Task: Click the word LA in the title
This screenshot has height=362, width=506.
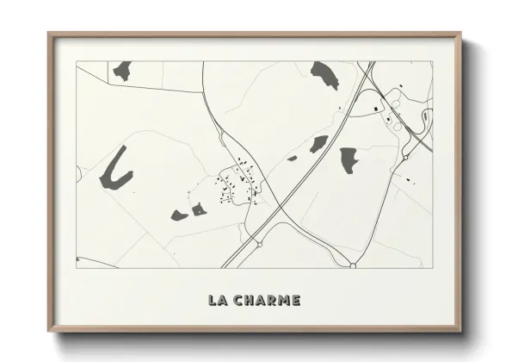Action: [x=217, y=301]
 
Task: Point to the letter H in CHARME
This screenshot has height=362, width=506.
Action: [x=250, y=301]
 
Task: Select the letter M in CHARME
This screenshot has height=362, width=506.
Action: [x=282, y=301]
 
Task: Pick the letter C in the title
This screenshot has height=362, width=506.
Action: [x=237, y=301]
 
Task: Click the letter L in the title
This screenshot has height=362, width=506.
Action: [x=212, y=301]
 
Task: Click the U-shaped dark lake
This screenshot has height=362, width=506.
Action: [x=115, y=170]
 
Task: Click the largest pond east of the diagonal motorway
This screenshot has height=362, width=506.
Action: [x=349, y=159]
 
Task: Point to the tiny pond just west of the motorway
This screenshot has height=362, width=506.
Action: [x=292, y=158]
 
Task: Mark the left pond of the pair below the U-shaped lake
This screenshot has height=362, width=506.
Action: [x=179, y=215]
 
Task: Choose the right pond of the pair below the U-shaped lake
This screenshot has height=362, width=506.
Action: [x=199, y=209]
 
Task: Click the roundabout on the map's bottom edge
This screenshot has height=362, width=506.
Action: [x=353, y=265]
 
